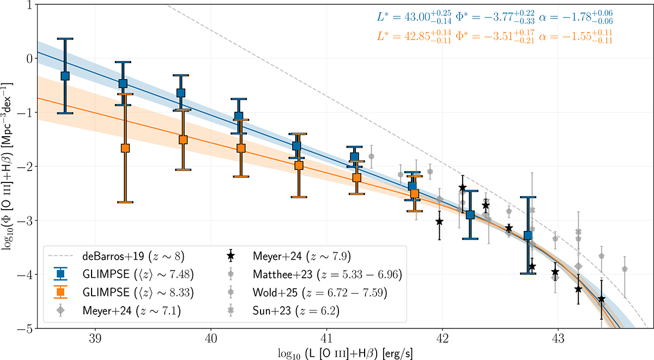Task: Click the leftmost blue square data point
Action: [65, 76]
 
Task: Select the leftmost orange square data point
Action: [125, 148]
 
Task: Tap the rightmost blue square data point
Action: [528, 235]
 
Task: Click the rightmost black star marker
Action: [601, 299]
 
